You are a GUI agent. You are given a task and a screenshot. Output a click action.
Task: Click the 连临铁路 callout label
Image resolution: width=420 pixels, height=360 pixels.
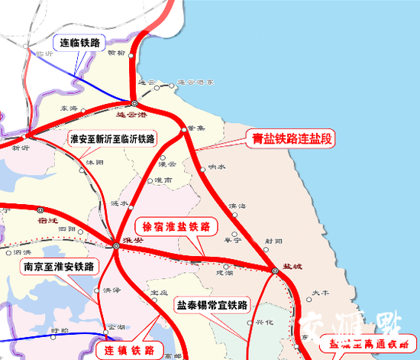tap(79, 44)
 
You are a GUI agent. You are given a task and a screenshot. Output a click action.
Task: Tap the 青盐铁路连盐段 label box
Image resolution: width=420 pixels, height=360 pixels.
tap(294, 140)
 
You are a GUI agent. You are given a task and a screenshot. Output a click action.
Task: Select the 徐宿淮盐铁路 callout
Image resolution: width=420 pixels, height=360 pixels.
tap(176, 227)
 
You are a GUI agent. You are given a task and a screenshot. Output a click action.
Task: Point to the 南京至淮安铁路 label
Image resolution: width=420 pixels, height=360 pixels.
tap(58, 267)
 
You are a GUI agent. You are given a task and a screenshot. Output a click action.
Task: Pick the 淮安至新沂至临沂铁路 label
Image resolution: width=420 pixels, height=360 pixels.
tap(112, 139)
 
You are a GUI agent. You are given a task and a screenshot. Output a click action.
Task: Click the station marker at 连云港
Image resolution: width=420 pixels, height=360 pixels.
tap(134, 103)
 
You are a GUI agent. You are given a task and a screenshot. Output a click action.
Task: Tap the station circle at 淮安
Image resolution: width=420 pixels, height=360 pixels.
tap(115, 245)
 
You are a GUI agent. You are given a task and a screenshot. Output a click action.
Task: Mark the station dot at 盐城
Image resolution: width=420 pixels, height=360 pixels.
tap(273, 271)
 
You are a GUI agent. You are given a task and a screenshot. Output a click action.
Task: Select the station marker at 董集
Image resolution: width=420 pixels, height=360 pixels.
tap(183, 131)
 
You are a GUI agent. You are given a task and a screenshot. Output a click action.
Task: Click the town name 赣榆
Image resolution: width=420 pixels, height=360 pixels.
tap(117, 53)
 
